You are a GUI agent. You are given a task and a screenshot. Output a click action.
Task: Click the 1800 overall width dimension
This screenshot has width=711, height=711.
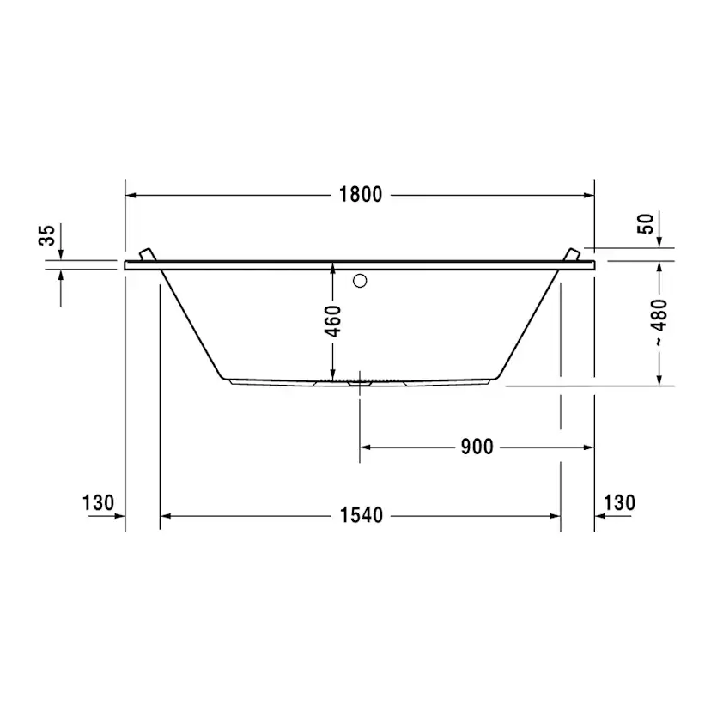tap(361, 195)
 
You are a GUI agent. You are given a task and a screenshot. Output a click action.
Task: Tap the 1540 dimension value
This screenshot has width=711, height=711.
tap(362, 515)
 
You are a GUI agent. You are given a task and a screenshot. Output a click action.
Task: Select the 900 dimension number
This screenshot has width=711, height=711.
tap(477, 447)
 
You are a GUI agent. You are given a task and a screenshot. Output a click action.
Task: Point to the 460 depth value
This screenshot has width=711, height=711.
tap(333, 321)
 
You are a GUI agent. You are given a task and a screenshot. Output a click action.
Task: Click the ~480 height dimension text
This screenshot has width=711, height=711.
tap(659, 322)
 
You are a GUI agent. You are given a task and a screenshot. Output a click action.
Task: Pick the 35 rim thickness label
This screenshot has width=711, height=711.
tap(46, 235)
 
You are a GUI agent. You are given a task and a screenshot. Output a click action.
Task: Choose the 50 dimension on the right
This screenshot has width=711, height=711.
tap(646, 223)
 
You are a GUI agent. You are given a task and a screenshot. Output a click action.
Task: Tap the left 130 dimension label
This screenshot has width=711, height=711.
tap(98, 503)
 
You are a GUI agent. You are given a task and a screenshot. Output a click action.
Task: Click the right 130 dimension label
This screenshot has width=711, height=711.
tap(619, 503)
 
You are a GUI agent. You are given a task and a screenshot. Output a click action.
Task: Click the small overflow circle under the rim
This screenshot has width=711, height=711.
tap(360, 281)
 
